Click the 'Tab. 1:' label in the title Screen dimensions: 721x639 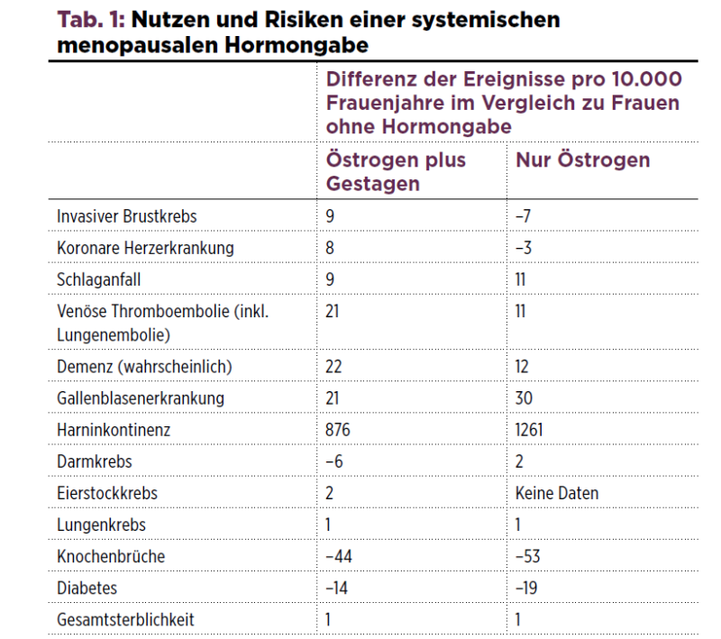click(91, 20)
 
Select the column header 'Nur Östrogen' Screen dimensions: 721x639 click(582, 160)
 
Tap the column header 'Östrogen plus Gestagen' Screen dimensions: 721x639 click(396, 171)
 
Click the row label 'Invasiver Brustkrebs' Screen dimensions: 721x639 click(126, 216)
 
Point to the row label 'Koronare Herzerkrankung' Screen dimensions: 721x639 click(145, 248)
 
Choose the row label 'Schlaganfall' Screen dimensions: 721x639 click(98, 279)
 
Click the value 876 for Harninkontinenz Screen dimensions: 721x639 click(337, 430)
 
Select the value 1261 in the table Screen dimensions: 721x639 click(529, 430)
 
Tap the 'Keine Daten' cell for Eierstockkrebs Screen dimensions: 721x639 click(557, 493)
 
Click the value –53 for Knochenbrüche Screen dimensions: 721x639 click(527, 556)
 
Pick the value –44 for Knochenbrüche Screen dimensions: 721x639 click(339, 556)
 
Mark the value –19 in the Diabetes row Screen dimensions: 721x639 click(526, 588)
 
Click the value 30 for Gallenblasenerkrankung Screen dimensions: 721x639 click(524, 398)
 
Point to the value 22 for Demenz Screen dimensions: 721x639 click(333, 367)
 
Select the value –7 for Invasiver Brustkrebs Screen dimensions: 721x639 click(523, 216)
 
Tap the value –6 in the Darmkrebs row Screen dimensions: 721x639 click(333, 461)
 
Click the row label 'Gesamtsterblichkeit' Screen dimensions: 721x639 click(125, 620)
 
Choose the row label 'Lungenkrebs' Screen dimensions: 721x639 click(101, 525)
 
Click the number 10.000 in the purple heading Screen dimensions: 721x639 click(646, 79)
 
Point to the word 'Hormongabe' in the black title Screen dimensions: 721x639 click(297, 45)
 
